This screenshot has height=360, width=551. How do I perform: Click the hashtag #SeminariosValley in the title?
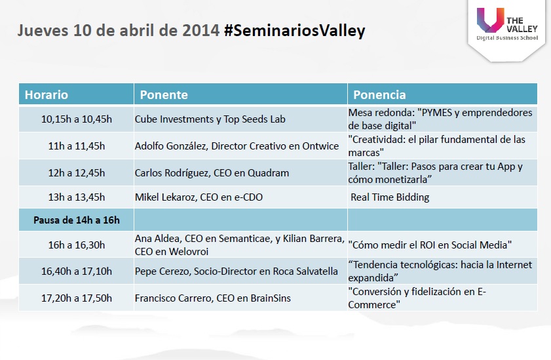coord(294,31)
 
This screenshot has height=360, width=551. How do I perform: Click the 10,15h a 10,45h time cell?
coord(77,119)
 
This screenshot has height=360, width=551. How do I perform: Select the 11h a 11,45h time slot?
coord(77,146)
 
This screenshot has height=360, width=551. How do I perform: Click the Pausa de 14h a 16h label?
coord(77,220)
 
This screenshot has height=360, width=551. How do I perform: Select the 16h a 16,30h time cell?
coord(77,245)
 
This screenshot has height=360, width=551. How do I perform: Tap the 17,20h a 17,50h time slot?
coord(77,298)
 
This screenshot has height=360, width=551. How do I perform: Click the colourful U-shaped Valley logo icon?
coord(491,20)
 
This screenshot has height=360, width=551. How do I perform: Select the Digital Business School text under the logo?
coord(507,38)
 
